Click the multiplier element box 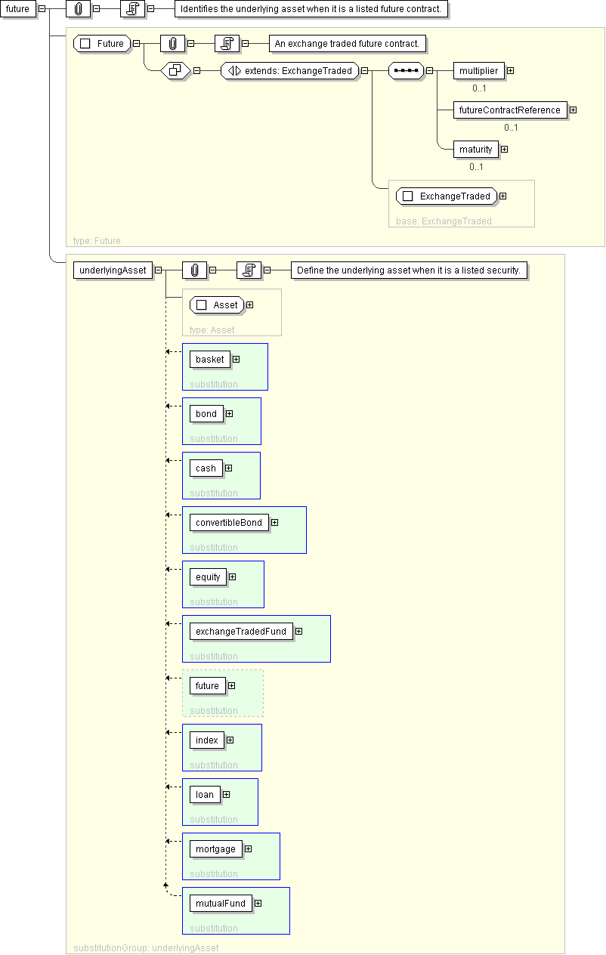tap(478, 71)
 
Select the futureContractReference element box tap(510, 110)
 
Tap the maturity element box tap(475, 150)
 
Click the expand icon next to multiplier tap(511, 71)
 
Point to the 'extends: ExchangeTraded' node tap(290, 71)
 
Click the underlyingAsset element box tap(113, 270)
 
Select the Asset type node tap(217, 304)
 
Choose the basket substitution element tap(210, 360)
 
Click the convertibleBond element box tap(229, 523)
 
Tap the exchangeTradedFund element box tap(241, 632)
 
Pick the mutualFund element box tap(221, 904)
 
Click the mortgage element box tap(216, 848)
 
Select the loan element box tap(205, 795)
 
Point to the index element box tap(207, 740)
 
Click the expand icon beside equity tap(233, 576)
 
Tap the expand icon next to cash tap(229, 468)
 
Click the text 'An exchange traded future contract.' tap(347, 44)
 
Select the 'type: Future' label tap(97, 241)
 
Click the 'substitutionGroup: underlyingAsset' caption tap(146, 947)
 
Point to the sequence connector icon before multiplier tap(407, 71)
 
